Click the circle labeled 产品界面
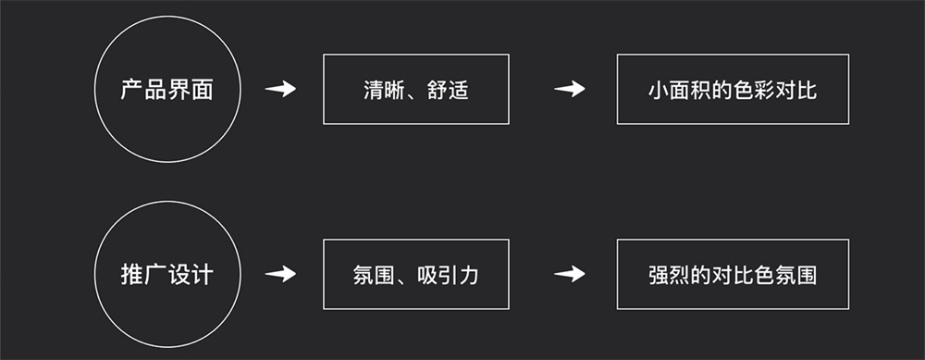[167, 90]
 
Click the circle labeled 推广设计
[167, 274]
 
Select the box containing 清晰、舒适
[415, 89]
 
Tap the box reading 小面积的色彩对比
[732, 89]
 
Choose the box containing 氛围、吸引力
[415, 274]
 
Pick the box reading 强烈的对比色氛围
[732, 274]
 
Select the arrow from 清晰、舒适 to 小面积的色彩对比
[570, 90]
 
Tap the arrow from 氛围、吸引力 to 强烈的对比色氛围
[570, 275]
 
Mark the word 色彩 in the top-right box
[751, 91]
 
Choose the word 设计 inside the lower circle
[191, 275]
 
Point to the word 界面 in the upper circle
[191, 91]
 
